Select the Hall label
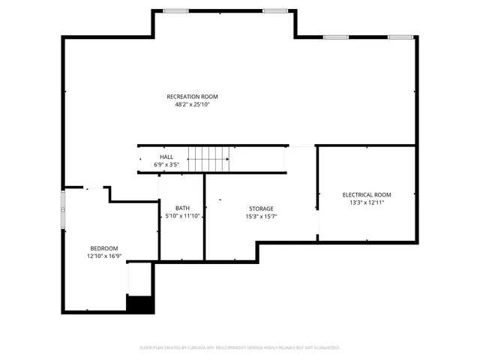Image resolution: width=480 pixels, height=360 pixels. click(x=166, y=157)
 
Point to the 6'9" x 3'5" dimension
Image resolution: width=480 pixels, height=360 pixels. click(x=166, y=163)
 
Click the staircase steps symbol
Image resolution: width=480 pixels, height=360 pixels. click(x=208, y=159)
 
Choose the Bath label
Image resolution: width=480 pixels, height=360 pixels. click(x=182, y=208)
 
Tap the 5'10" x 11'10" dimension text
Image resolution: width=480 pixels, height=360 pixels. click(x=182, y=216)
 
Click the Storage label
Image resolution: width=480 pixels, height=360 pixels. click(x=261, y=208)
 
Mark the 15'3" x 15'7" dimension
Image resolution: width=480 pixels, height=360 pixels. click(x=261, y=216)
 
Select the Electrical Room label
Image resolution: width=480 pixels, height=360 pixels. click(x=367, y=194)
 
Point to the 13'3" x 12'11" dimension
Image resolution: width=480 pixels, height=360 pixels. click(x=367, y=202)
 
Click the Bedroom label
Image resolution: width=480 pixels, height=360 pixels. click(x=104, y=248)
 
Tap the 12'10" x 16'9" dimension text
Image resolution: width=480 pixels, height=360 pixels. click(x=104, y=256)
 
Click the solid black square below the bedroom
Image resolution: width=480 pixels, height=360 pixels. click(x=140, y=304)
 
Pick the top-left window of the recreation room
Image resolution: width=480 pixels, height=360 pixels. click(x=175, y=10)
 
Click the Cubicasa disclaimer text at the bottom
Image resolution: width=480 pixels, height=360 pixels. click(x=240, y=348)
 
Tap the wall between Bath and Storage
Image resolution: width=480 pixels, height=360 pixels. click(x=205, y=217)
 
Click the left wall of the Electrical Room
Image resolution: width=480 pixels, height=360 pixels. click(x=318, y=193)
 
